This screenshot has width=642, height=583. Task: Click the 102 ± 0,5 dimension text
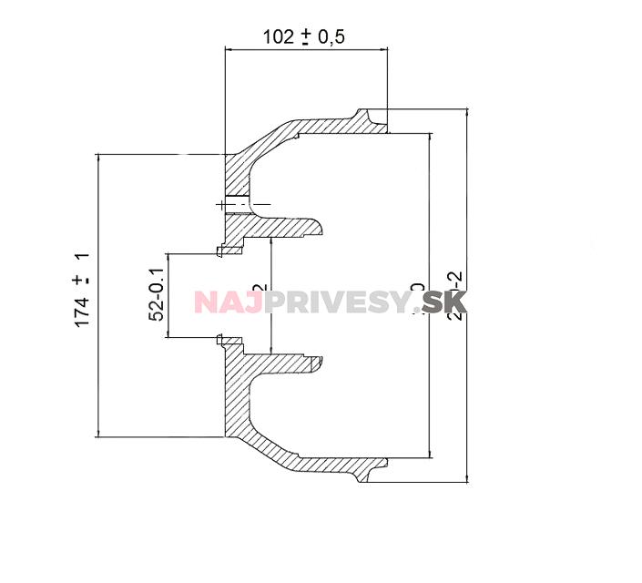306,36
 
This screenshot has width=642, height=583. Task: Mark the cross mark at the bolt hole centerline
222,204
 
